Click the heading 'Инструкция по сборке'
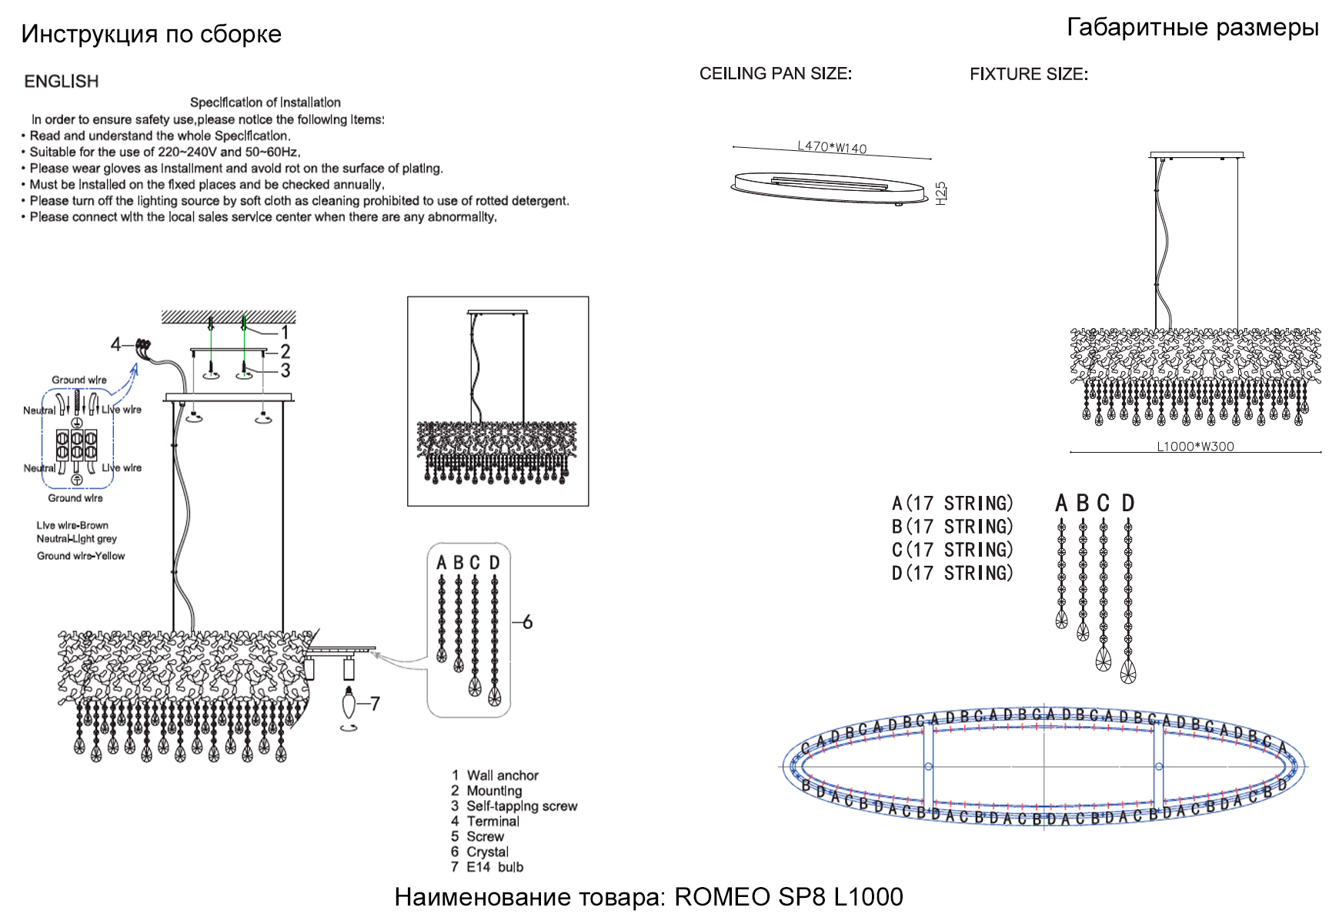151,34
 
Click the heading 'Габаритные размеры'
1192,28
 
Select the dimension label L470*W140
832,147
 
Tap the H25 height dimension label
940,192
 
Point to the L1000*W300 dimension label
1195,447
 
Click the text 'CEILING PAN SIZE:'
775,74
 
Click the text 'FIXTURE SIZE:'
1028,75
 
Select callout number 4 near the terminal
115,344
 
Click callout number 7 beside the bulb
374,703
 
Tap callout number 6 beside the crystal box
527,622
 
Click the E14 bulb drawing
349,702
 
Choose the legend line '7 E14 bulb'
487,867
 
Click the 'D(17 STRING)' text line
952,574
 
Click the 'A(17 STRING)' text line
952,504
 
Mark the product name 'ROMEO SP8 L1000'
788,897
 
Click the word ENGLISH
62,82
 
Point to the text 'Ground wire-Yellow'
81,556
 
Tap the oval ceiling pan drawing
828,188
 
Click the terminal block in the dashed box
77,444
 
